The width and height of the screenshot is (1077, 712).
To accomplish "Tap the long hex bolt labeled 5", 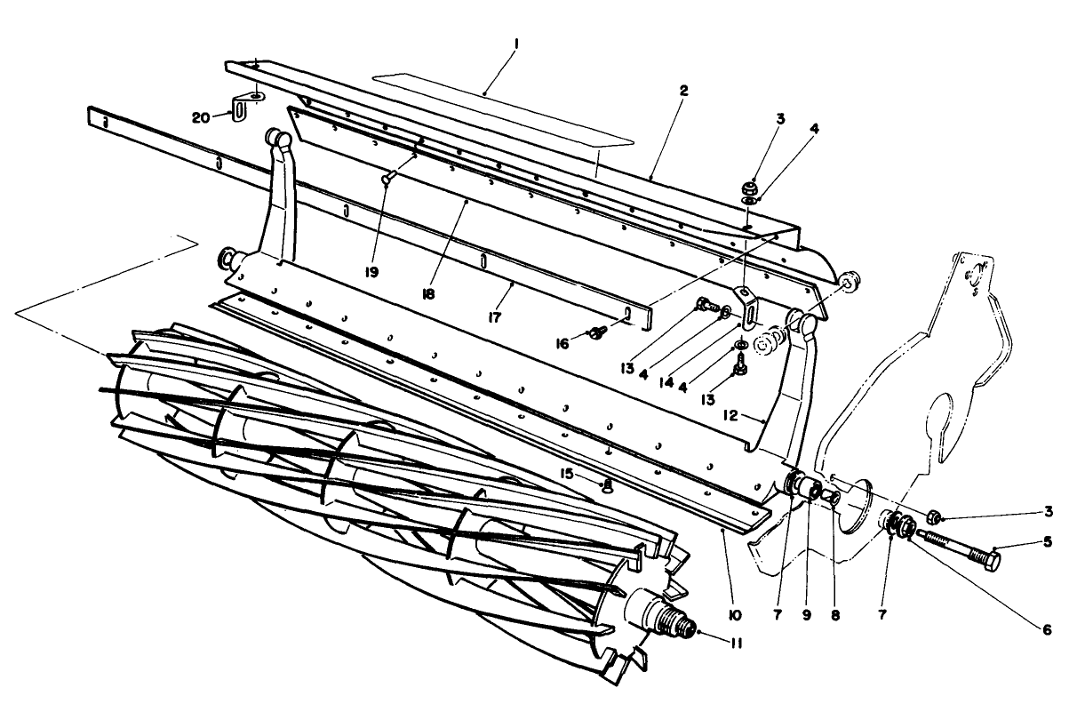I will [964, 549].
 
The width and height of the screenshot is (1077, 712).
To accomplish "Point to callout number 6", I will [1047, 629].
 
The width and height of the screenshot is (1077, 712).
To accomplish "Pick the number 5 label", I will [1049, 540].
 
